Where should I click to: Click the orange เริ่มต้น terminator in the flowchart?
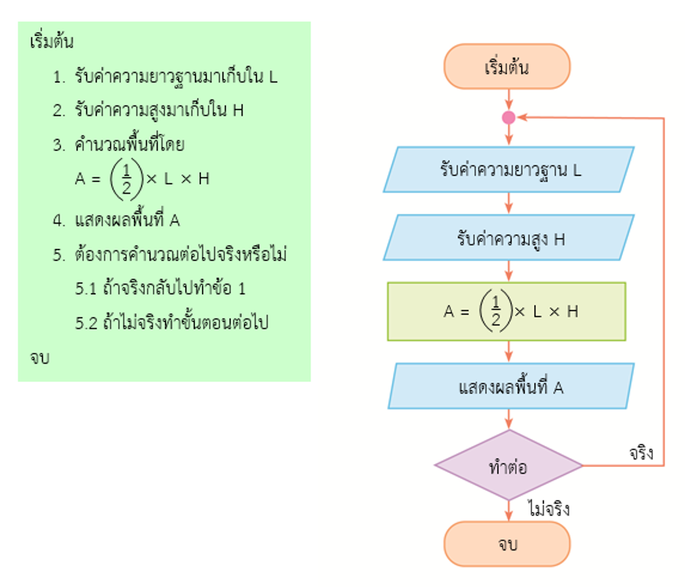point(507,67)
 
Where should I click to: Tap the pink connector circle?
point(508,117)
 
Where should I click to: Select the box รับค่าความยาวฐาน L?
point(508,169)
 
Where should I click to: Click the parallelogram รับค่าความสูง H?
point(508,238)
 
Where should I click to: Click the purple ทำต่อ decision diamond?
point(508,466)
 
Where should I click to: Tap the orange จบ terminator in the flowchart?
point(507,544)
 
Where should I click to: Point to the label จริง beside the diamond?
point(641,453)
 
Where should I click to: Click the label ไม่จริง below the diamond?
point(548,508)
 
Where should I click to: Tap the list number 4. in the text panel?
point(59,220)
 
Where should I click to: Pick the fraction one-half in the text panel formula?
point(127,178)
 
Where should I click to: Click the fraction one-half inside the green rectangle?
point(495,311)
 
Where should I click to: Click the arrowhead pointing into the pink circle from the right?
point(521,117)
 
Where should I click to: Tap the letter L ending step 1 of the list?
point(273,77)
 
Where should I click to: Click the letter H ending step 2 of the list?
point(238,110)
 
